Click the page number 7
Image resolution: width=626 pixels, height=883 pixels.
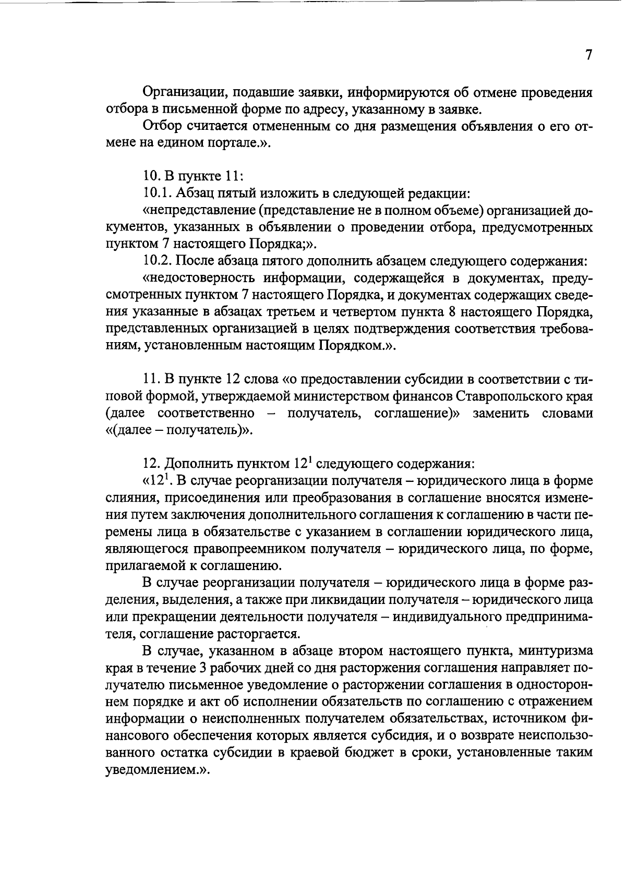click(x=588, y=55)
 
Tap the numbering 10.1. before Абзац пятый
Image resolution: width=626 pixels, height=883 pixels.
click(x=158, y=194)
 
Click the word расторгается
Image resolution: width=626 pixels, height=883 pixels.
click(x=268, y=634)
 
